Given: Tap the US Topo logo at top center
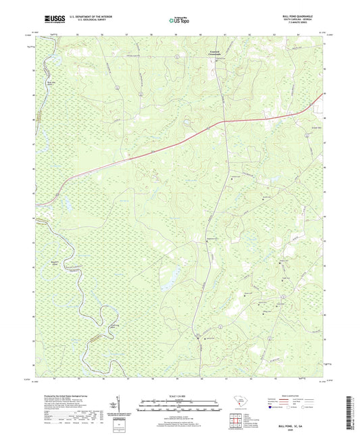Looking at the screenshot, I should pyautogui.click(x=177, y=20).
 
